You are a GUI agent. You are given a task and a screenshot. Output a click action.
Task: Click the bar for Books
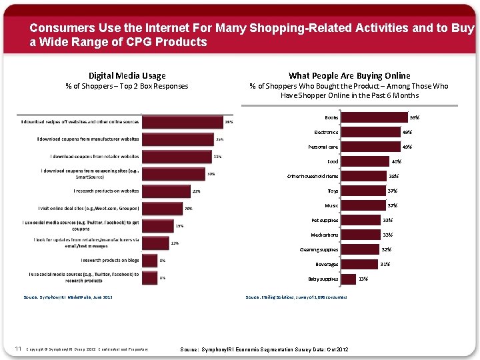click(x=373, y=117)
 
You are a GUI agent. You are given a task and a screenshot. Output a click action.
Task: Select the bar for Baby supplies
click(x=347, y=279)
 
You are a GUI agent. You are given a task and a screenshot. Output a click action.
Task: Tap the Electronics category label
click(x=326, y=132)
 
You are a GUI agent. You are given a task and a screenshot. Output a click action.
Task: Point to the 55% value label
click(x=414, y=117)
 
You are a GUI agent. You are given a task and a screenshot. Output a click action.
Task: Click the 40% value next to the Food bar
click(x=396, y=161)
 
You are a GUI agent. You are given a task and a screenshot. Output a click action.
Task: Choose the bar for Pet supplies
click(x=360, y=220)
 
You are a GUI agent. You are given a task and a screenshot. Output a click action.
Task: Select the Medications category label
click(x=324, y=235)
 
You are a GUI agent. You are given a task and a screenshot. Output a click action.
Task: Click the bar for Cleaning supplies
click(x=359, y=249)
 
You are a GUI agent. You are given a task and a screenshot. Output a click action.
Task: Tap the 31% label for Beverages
click(x=385, y=264)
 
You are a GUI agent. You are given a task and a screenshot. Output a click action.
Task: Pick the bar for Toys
click(x=363, y=191)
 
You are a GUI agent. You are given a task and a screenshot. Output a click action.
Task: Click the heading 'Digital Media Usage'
click(x=127, y=75)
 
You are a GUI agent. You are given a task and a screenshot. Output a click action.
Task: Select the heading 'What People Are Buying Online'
click(x=349, y=75)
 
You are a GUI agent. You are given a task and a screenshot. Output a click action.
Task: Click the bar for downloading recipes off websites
click(x=184, y=123)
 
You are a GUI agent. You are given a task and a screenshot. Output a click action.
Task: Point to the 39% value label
click(x=229, y=122)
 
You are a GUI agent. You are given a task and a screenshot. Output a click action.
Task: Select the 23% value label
click(x=196, y=191)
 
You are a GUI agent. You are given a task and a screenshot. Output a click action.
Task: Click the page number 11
click(x=18, y=348)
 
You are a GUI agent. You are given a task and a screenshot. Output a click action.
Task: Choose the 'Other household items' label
click(x=312, y=176)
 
